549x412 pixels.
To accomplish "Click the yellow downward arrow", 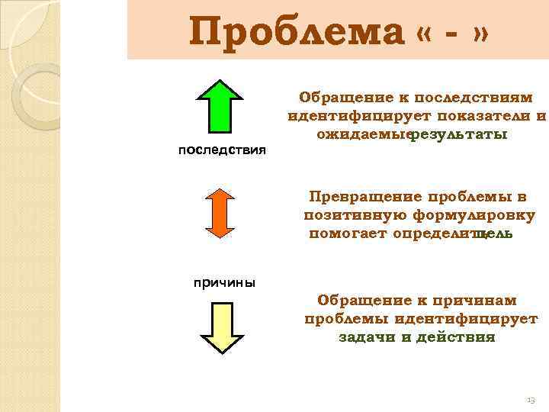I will [x=220, y=328].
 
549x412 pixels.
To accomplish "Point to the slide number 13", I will [x=531, y=400].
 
